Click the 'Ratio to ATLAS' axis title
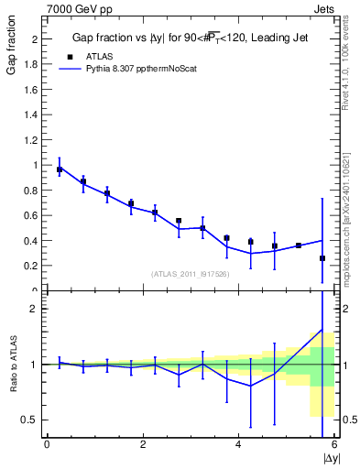tap(12, 364)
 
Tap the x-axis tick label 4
tap(239, 445)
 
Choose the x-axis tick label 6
tap(335, 445)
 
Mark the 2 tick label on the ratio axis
tap(37, 309)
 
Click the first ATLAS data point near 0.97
tap(60, 169)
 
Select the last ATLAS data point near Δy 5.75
tap(322, 258)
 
